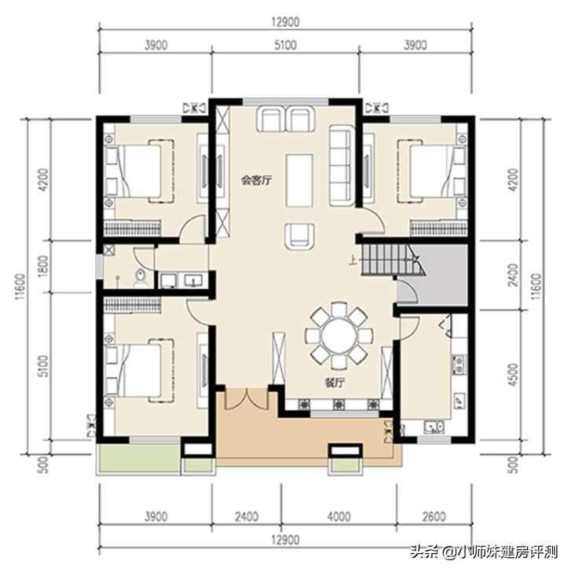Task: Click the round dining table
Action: click(337, 335)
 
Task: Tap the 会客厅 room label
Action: click(256, 180)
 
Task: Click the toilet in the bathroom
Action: click(140, 277)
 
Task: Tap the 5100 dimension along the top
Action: click(286, 46)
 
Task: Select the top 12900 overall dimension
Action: click(286, 16)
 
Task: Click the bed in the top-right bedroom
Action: click(428, 166)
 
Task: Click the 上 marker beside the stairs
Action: click(354, 264)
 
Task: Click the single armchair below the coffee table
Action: click(298, 233)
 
